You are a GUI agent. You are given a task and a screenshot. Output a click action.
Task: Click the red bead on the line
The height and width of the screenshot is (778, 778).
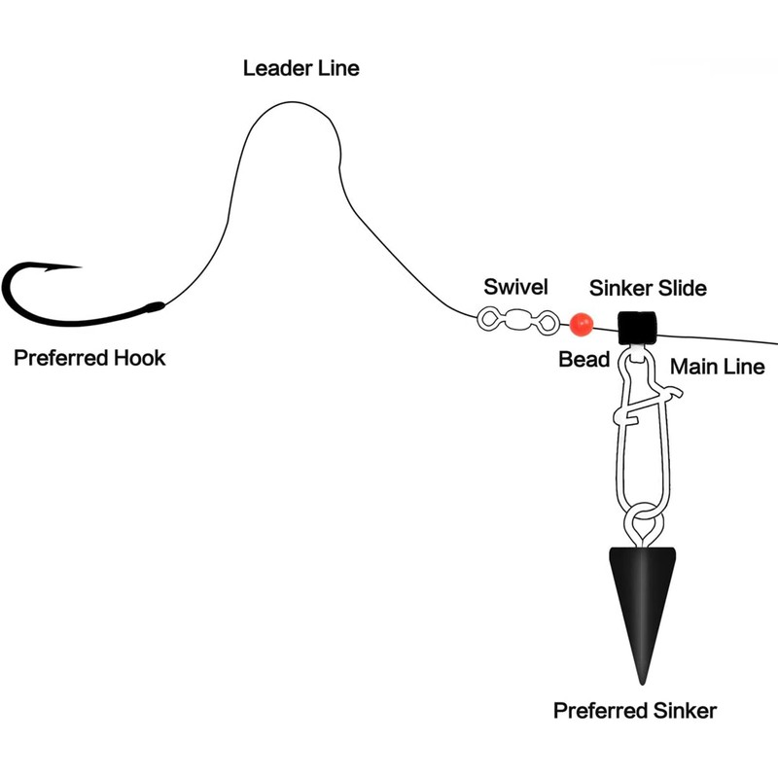point(583,321)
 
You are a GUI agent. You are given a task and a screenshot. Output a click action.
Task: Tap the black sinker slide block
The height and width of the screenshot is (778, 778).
point(638,327)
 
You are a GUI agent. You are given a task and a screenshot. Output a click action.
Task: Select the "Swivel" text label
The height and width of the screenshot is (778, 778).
point(515,287)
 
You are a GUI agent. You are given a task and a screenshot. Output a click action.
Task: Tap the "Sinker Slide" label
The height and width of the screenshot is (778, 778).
point(648,289)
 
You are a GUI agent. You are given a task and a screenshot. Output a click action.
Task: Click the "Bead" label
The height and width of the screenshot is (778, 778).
point(583,360)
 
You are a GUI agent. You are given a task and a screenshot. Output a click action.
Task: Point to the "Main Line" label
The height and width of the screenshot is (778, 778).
point(718,368)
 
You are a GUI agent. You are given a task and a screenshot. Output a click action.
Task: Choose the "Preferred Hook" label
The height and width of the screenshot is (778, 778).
point(89,359)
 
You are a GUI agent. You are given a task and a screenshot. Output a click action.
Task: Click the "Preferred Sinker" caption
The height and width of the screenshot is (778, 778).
point(635,711)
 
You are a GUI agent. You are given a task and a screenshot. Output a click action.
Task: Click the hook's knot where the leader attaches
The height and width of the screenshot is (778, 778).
point(154,307)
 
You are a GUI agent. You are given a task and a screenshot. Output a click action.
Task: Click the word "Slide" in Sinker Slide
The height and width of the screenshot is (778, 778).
point(683,289)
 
